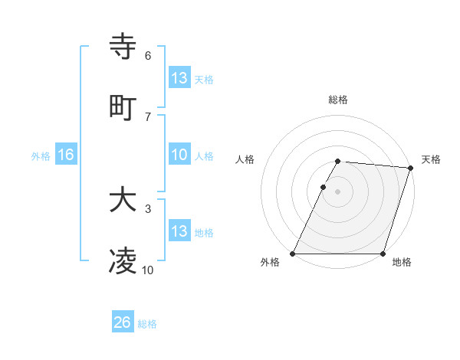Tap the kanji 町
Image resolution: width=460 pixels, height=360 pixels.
coord(123,106)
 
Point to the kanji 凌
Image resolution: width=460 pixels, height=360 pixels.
coord(123,262)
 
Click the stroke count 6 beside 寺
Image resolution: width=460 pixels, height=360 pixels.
coord(148,56)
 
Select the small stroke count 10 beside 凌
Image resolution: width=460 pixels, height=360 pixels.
coord(148,270)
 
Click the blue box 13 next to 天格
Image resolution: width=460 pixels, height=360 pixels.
coord(179,78)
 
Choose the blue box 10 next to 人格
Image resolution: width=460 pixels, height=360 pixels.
coord(179,155)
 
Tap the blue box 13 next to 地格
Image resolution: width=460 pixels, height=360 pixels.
coord(179,231)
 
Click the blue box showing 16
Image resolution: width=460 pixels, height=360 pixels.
coord(65,155)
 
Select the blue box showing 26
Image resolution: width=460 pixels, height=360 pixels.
coord(122,322)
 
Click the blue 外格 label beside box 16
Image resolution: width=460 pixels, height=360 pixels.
coord(41,155)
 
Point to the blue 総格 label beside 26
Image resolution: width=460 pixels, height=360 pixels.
coord(147,323)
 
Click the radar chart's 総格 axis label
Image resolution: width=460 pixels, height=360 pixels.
coord(338,100)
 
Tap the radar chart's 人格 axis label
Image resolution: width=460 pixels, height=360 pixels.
coord(245,159)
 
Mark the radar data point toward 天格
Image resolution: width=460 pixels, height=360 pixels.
coord(410,167)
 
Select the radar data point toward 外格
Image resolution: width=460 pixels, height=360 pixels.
coord(293,254)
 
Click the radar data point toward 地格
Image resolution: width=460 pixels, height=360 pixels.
coord(383,254)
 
